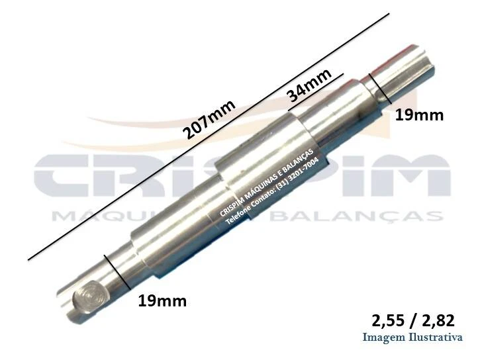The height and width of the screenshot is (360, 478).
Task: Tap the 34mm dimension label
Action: [x=309, y=85]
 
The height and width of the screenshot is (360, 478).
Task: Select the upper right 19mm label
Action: [x=419, y=116]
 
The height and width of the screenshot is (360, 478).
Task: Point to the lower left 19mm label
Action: [x=162, y=301]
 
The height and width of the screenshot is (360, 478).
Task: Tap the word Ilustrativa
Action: [x=436, y=337]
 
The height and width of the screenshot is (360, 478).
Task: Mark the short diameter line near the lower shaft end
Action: [x=117, y=272]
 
